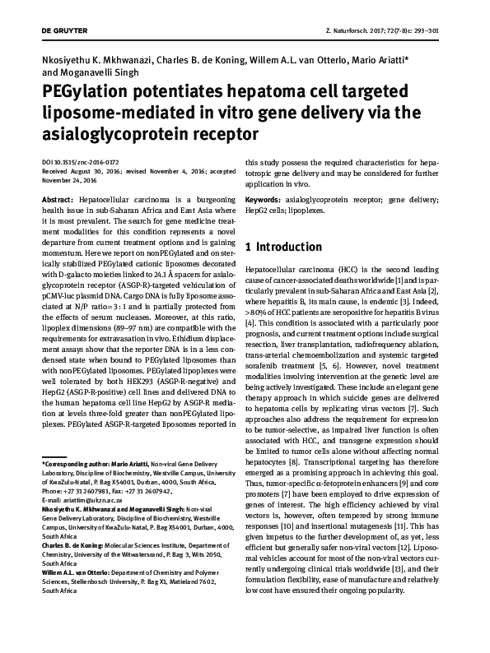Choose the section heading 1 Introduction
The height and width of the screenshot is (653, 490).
pos(284,247)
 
